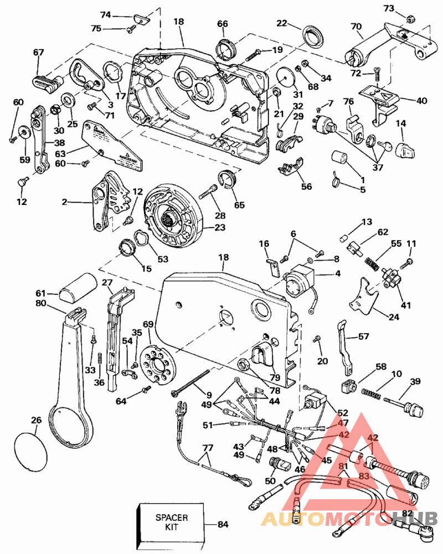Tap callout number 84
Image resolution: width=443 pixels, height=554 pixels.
point(223,524)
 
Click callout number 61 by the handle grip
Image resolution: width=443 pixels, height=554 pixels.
point(40,293)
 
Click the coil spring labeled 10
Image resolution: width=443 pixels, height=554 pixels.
point(372,392)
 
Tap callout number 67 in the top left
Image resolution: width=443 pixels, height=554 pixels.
point(38,53)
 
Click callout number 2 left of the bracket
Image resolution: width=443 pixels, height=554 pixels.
point(64,203)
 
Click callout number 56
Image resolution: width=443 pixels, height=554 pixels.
point(306,187)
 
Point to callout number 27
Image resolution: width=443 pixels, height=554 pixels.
point(107,282)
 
